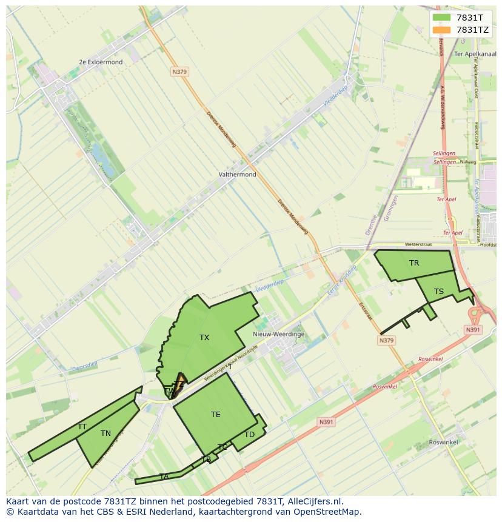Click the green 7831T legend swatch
click(x=441, y=18)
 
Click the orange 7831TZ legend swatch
click(x=441, y=30)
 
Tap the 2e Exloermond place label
click(x=101, y=62)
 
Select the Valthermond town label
click(x=237, y=175)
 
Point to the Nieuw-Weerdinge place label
click(x=278, y=334)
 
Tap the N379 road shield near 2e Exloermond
click(x=179, y=72)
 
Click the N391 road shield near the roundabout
click(x=473, y=330)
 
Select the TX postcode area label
click(x=204, y=338)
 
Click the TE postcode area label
click(x=216, y=415)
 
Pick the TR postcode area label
click(x=414, y=263)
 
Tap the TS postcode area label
click(x=439, y=292)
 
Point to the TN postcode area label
click(x=105, y=433)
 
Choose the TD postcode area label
click(x=250, y=435)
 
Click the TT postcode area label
click(x=82, y=427)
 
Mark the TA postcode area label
click(x=164, y=477)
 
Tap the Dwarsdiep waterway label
click(x=84, y=366)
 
